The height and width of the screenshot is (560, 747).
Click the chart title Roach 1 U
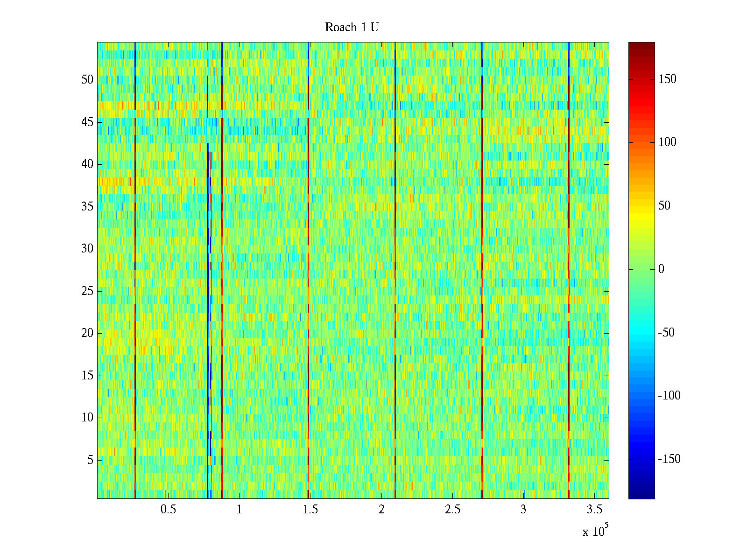point(352,28)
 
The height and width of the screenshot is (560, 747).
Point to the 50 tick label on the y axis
point(87,80)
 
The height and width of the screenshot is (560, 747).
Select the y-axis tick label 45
point(87,122)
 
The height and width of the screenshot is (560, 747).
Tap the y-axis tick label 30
point(87,249)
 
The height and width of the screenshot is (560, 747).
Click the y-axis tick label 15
point(87,376)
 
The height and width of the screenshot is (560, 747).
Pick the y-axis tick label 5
point(90,460)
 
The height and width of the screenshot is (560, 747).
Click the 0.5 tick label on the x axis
point(168,510)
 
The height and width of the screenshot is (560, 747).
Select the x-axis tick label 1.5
point(310,510)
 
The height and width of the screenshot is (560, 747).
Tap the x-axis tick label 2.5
point(452,510)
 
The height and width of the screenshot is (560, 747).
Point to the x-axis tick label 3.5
point(594,510)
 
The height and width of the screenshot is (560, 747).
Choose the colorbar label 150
point(667,79)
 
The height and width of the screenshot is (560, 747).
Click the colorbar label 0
point(661,269)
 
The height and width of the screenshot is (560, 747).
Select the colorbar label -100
point(669,396)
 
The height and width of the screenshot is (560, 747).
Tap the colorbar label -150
point(669,459)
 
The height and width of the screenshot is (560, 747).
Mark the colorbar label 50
point(664,206)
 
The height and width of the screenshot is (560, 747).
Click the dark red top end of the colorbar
point(641,45)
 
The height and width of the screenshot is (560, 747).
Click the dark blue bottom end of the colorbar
point(641,496)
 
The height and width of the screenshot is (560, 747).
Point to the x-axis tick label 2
point(381,510)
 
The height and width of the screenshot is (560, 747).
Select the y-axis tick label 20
point(87,333)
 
